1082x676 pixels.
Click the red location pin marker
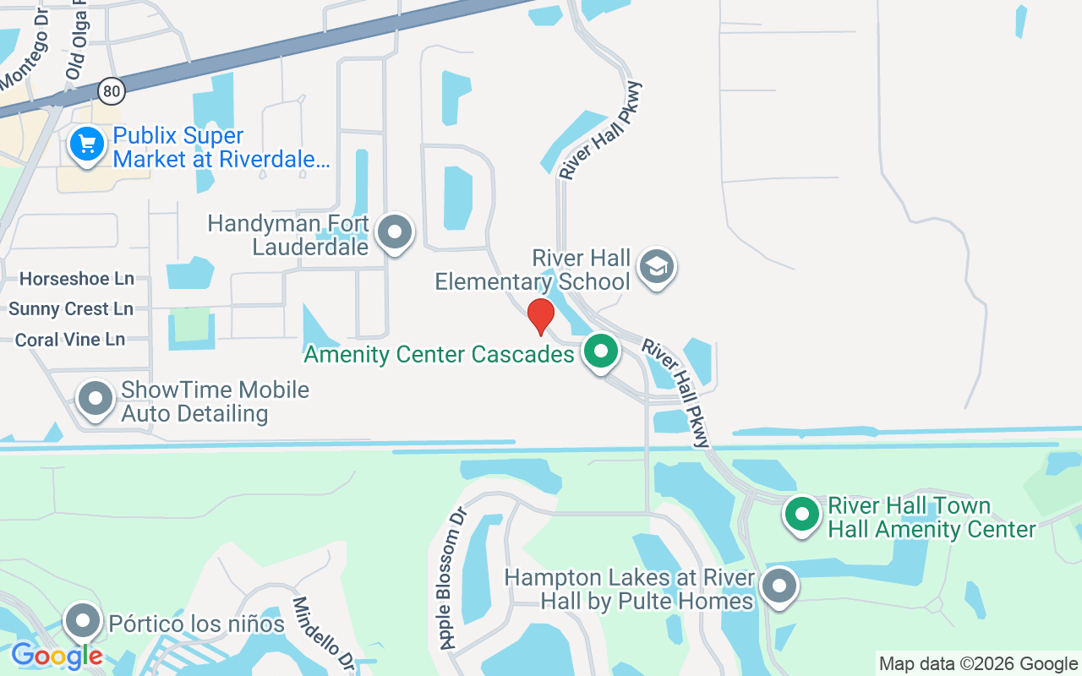(540, 316)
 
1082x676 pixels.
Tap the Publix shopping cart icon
(86, 144)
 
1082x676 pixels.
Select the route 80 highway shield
(111, 90)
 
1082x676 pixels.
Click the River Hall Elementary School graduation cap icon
(657, 267)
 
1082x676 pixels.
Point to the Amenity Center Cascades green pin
(601, 351)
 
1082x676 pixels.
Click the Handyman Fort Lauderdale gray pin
(394, 232)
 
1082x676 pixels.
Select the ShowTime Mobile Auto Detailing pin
(96, 398)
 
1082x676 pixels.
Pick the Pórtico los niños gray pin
(83, 622)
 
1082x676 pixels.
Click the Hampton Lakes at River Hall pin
(779, 585)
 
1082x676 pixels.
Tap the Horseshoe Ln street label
(77, 279)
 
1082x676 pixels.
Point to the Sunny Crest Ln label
(71, 309)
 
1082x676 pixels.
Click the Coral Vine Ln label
(70, 340)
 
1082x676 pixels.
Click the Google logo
(57, 656)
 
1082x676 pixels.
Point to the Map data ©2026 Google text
(978, 664)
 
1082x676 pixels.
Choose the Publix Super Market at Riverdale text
(221, 147)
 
